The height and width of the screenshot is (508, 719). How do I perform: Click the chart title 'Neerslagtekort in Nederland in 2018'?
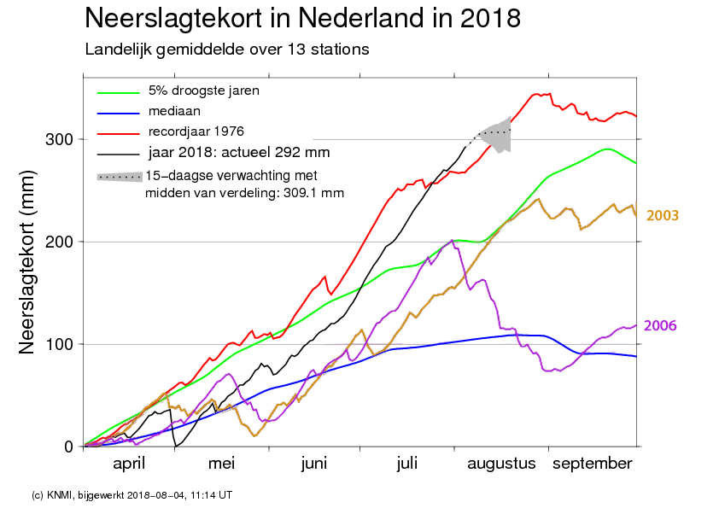(302, 19)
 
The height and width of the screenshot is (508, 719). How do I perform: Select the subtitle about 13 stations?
(227, 50)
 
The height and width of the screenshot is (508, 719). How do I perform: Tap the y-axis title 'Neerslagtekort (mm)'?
(27, 262)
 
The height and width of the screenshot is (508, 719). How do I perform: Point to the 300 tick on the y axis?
(59, 139)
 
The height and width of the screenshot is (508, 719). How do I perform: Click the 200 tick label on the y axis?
(59, 242)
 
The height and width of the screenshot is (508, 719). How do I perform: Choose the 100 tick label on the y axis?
(59, 344)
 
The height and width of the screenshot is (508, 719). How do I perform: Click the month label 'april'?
(129, 464)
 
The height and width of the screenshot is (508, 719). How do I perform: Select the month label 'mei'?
(221, 464)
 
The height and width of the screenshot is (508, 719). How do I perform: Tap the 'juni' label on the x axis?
(314, 464)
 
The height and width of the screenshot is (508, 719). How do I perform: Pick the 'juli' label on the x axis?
(407, 464)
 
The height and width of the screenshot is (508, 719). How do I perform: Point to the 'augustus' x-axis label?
(501, 464)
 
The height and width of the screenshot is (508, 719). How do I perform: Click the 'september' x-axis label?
(593, 464)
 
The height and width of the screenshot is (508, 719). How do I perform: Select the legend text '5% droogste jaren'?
(203, 91)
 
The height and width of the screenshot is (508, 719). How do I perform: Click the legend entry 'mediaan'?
(174, 111)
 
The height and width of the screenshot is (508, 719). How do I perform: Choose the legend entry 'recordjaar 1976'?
(196, 131)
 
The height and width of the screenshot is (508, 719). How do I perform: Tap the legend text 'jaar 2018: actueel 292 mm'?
(239, 152)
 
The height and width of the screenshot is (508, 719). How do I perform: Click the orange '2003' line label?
(662, 215)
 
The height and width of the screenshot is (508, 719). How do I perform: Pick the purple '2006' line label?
(660, 325)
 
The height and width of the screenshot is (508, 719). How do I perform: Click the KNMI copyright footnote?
(132, 495)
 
